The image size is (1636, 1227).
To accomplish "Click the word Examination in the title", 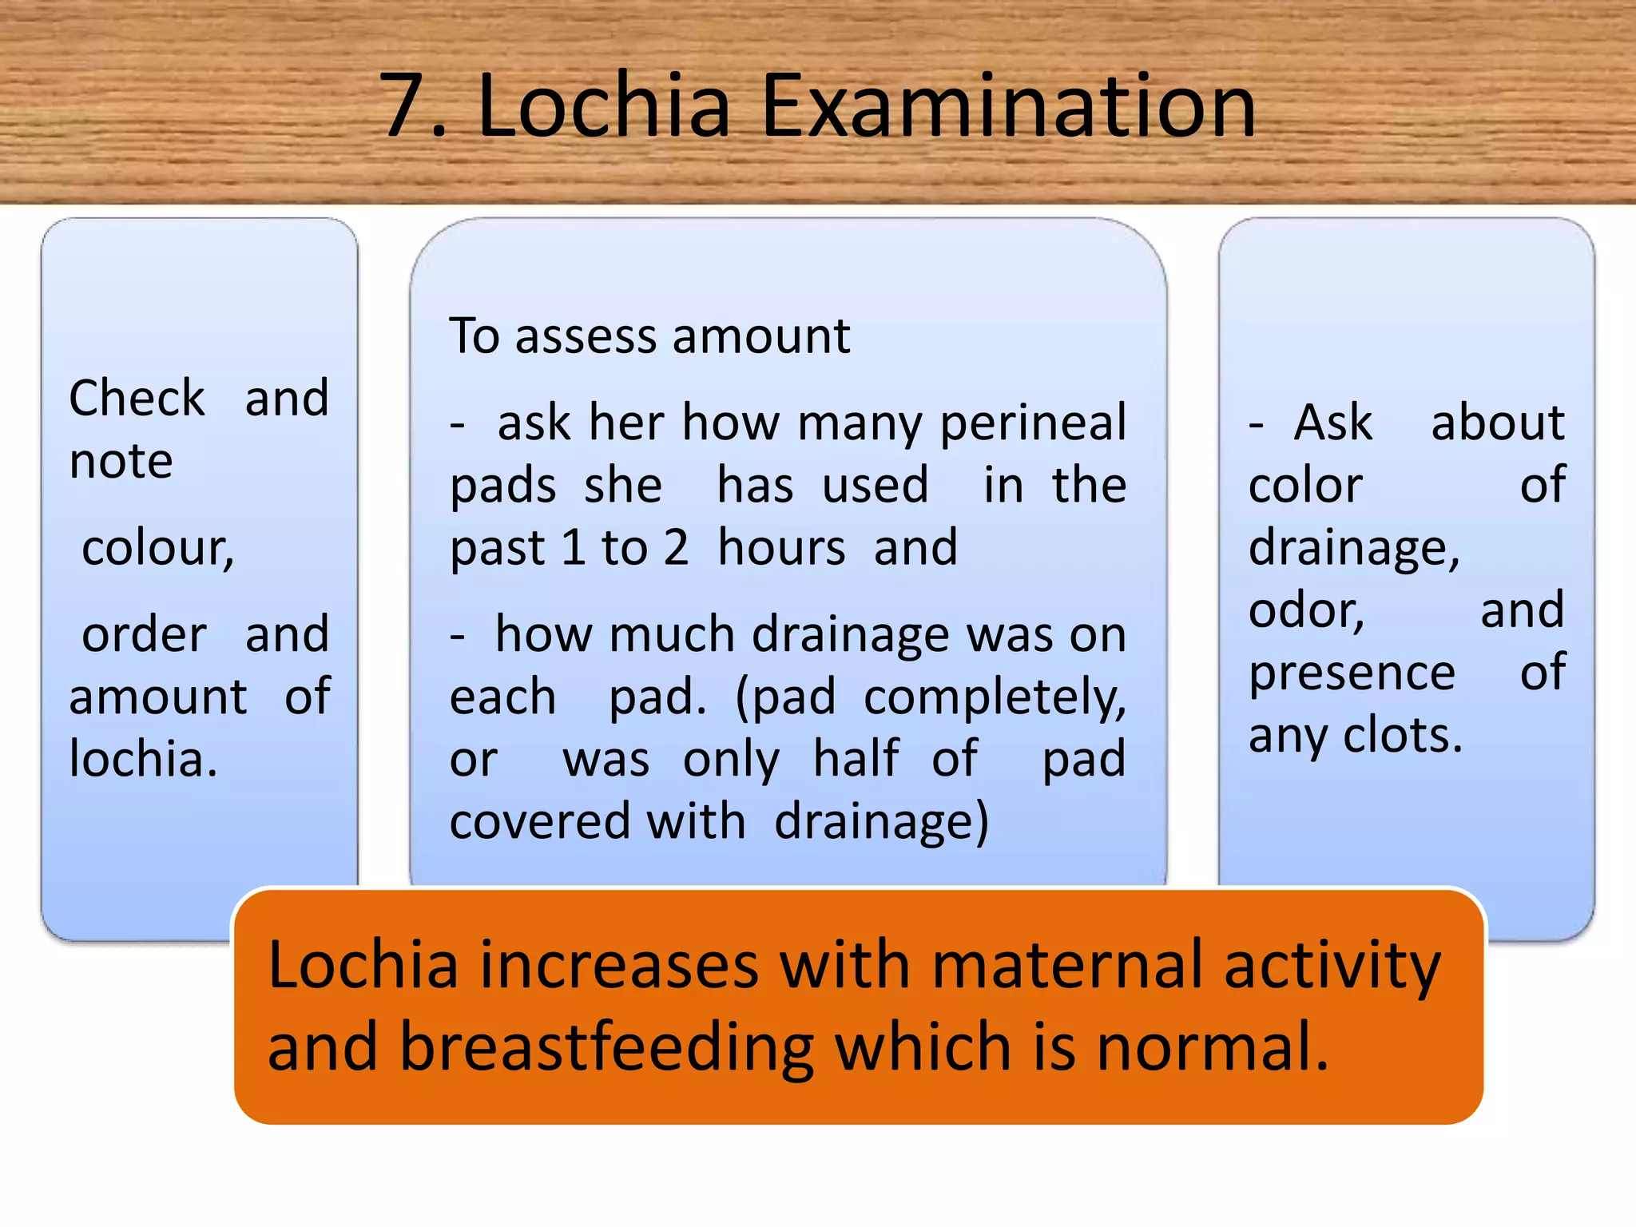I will (x=1008, y=106).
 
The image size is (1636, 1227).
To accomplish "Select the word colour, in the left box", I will (x=158, y=550).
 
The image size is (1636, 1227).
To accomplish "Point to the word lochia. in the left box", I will (x=143, y=759).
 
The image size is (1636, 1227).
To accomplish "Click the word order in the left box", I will (x=145, y=635).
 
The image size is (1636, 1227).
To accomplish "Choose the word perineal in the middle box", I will (x=1033, y=423).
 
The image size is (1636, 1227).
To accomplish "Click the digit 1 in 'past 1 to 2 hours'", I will (x=573, y=549).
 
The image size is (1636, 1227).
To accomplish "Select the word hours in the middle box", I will (x=781, y=549).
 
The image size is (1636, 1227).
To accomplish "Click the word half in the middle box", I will (x=856, y=759).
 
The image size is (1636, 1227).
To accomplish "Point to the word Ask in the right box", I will (x=1332, y=423).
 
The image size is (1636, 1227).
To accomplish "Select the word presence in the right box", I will (x=1352, y=674).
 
